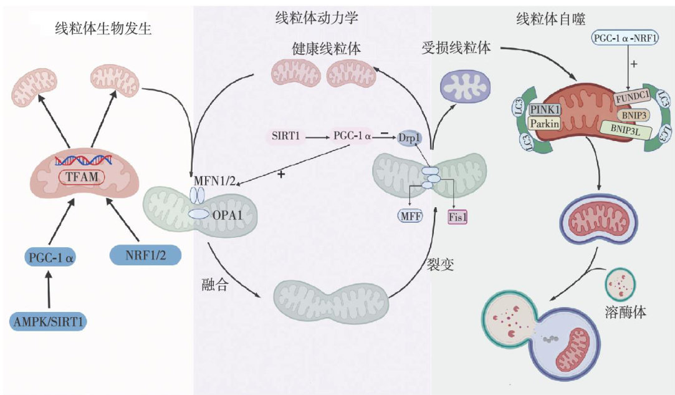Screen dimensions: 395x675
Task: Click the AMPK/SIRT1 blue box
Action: (x=48, y=322)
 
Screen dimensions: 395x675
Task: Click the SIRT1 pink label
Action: (x=287, y=134)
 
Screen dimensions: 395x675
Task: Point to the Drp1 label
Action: (x=410, y=137)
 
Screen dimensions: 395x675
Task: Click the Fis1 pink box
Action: (x=458, y=217)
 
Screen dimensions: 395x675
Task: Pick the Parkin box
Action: (x=545, y=123)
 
